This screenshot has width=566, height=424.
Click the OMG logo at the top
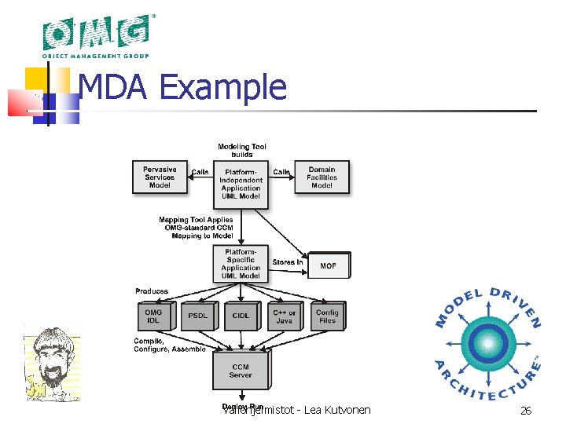pos(96,35)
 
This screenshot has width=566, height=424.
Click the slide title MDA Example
pos(183,87)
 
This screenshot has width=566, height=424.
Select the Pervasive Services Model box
pos(160,177)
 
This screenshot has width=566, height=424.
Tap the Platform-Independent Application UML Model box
pos(241,184)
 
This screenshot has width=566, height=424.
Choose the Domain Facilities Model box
pos(322,177)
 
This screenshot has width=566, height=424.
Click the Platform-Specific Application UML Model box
pos(241,264)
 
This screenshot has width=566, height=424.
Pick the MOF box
pos(328,265)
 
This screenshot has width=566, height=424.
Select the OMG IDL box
pos(153,316)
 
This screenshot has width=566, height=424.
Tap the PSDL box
pos(197,316)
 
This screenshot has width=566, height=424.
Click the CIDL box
pos(241,316)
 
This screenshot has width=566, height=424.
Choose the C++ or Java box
pos(284,316)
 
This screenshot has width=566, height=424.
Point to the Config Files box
pos(327,316)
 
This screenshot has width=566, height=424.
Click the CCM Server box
pos(241,371)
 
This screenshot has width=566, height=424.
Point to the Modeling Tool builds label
pos(241,150)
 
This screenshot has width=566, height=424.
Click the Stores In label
pos(287,262)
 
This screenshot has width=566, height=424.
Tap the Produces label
pos(152,291)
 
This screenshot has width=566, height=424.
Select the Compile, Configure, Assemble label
pos(170,345)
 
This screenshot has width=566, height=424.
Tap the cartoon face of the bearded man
pos(53,360)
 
